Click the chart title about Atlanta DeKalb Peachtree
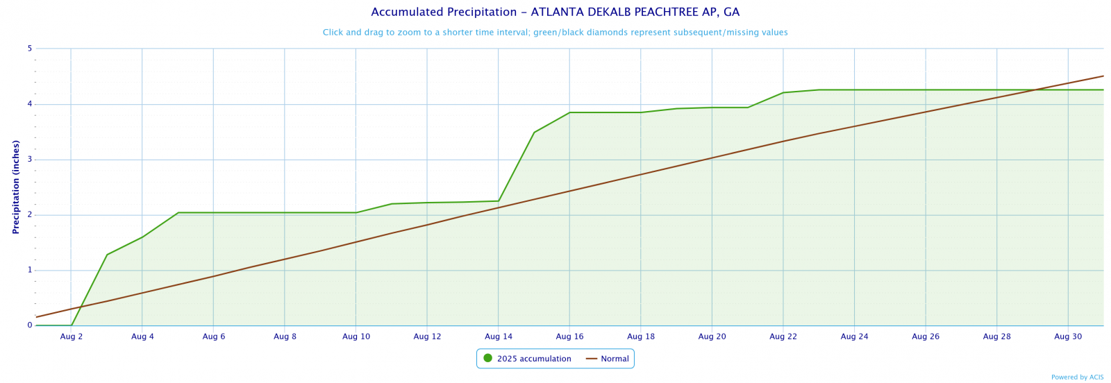[555, 12]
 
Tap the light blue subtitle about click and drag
[555, 32]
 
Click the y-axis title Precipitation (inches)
[15, 187]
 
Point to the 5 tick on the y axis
[30, 49]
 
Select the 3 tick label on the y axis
[30, 160]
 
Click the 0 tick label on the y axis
[30, 325]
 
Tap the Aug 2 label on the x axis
[72, 337]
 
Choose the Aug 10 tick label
[356, 337]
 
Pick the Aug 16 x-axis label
[569, 337]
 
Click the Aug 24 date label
[854, 337]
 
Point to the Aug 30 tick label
[1068, 337]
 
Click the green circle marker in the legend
[487, 358]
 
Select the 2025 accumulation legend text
[534, 359]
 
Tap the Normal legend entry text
[615, 359]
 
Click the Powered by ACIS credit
[1077, 377]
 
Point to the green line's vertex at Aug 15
[534, 132]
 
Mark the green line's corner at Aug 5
[178, 212]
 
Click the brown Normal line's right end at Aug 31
[1103, 76]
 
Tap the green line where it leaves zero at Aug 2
[72, 325]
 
